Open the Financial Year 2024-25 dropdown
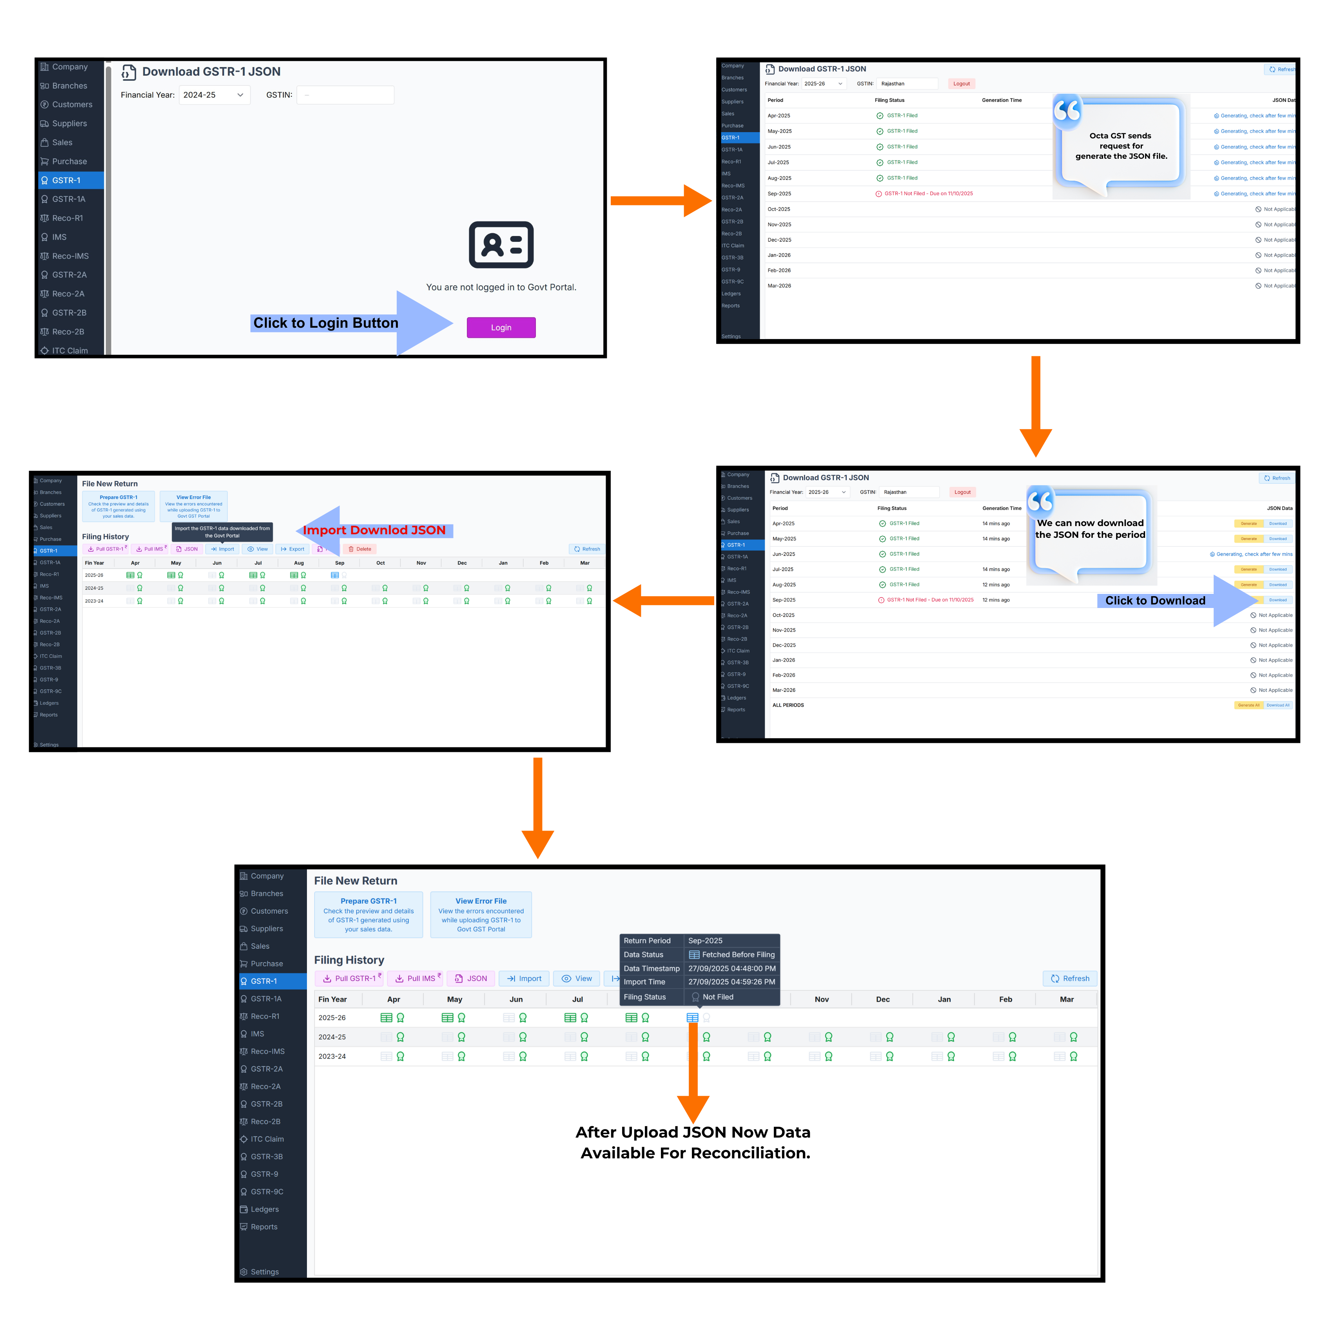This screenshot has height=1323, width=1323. coord(214,95)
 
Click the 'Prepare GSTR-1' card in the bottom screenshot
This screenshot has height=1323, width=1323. coord(368,914)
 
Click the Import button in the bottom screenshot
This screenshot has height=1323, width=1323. coord(524,978)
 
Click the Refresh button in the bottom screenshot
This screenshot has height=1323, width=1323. coord(1070,978)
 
